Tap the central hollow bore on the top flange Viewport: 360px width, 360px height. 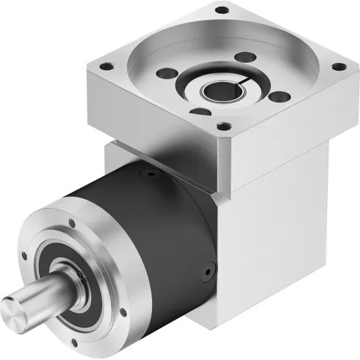225,93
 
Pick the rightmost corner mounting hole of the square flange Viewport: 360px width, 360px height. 338,67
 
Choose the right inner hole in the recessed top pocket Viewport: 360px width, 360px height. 277,96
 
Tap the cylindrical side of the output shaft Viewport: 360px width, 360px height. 44,294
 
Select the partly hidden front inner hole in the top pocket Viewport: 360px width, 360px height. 197,112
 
